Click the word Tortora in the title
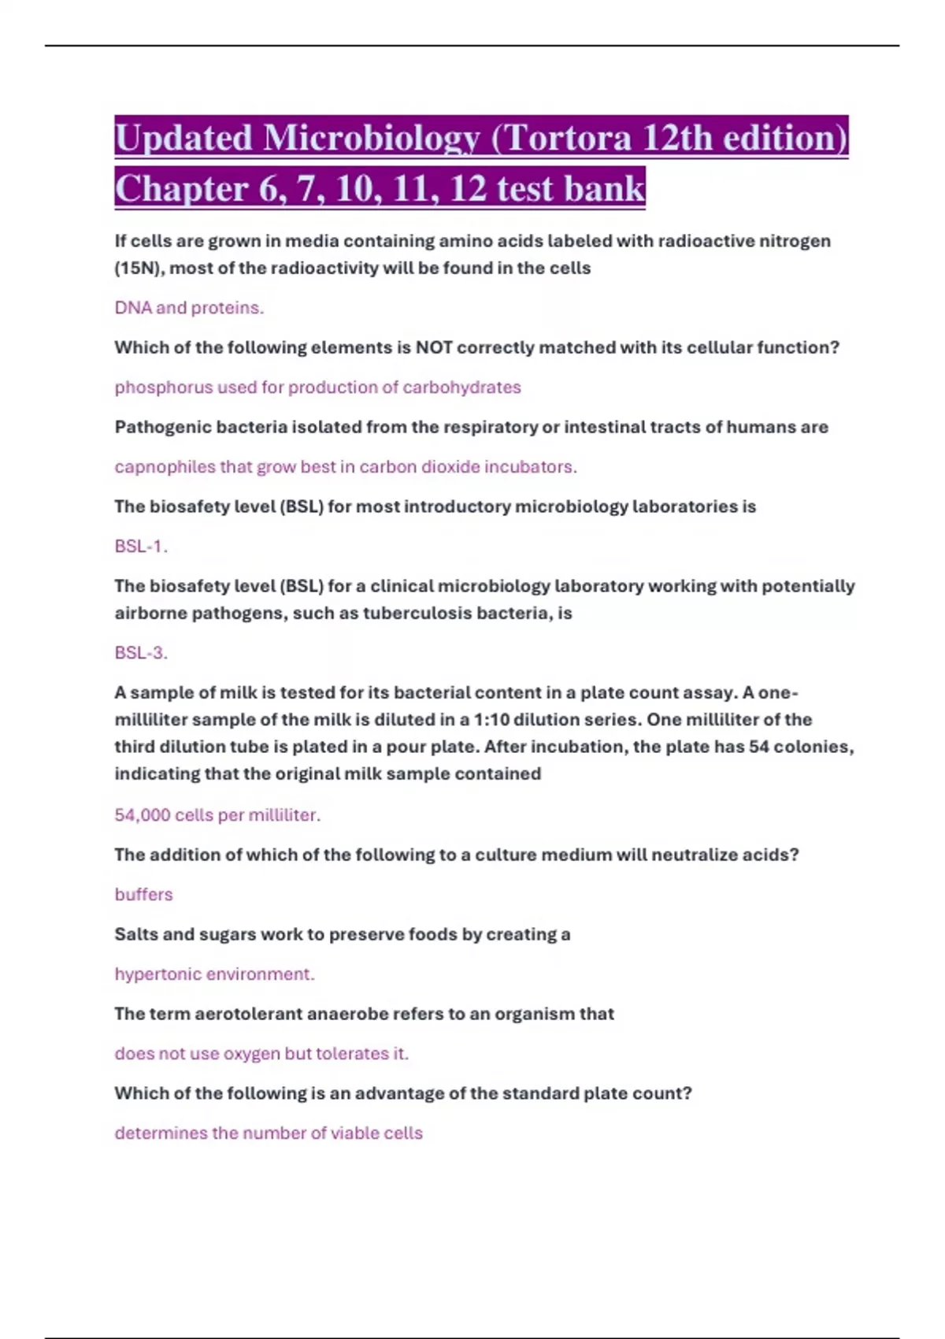pyautogui.click(x=570, y=139)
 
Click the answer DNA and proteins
pyautogui.click(x=189, y=308)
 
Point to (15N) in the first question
pyautogui.click(x=138, y=268)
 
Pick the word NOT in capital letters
pyautogui.click(x=434, y=347)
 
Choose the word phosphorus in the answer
pyautogui.click(x=163, y=388)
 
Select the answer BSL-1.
pyautogui.click(x=140, y=547)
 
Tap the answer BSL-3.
pyautogui.click(x=140, y=653)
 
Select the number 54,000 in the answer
pyautogui.click(x=142, y=815)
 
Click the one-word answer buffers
pyautogui.click(x=143, y=895)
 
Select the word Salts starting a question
pyautogui.click(x=135, y=934)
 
